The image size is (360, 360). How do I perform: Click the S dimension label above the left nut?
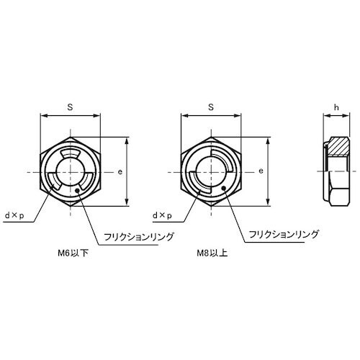70,107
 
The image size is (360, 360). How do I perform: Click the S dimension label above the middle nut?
211,107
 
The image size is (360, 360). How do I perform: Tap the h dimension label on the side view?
336,107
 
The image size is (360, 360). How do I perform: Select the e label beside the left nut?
120,172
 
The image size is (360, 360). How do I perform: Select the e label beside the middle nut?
261,171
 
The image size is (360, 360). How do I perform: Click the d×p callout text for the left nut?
15,216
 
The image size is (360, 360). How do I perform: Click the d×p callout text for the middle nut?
163,216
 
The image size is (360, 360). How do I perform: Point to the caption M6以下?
73,253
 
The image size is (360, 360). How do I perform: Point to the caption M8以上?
212,253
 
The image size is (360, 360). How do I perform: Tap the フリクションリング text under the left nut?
139,237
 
